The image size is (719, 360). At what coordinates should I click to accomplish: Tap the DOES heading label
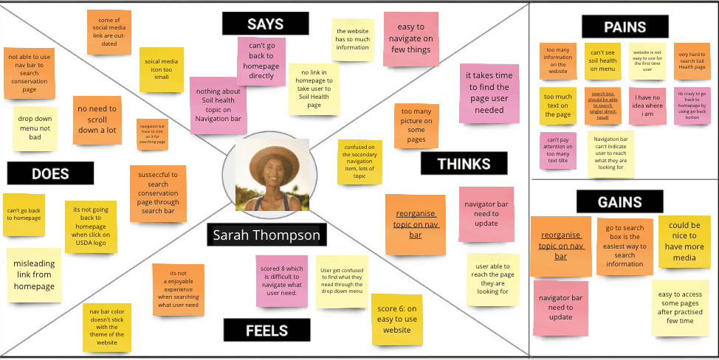click(x=50, y=173)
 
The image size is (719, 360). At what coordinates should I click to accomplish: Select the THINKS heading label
click(x=464, y=164)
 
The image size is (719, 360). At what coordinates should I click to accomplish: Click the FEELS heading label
click(x=266, y=329)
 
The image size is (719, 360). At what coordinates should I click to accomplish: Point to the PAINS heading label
click(x=625, y=27)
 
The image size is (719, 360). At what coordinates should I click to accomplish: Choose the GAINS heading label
click(x=619, y=201)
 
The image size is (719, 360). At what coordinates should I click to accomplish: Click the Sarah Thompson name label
click(x=266, y=235)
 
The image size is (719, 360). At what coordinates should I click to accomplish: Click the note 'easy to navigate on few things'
click(x=407, y=38)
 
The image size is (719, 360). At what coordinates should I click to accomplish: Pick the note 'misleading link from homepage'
click(x=34, y=275)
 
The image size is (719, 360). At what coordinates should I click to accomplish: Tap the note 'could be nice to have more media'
click(x=684, y=241)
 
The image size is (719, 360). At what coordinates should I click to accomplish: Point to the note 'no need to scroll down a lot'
click(x=97, y=118)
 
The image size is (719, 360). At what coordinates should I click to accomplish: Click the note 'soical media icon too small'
click(x=162, y=70)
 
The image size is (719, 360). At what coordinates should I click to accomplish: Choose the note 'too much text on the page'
click(x=558, y=106)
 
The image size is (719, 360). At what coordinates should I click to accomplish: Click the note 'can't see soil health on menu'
click(x=604, y=60)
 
